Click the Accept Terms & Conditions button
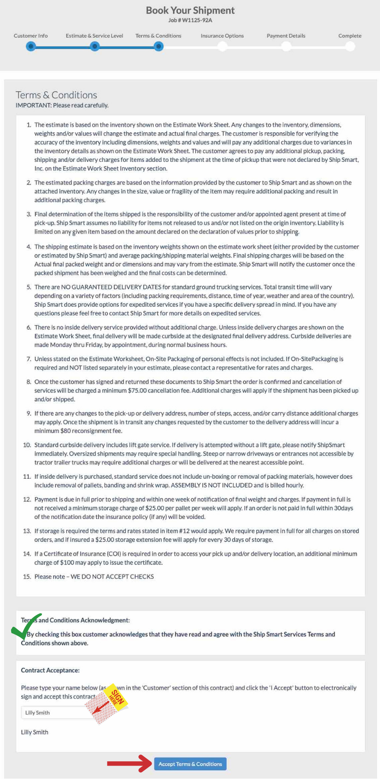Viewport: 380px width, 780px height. point(190,764)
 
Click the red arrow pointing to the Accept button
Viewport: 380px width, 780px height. point(129,763)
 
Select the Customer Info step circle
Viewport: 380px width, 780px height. point(30,46)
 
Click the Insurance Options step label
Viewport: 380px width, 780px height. point(222,36)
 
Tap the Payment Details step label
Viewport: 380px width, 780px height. point(286,36)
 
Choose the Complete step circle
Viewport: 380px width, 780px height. point(350,46)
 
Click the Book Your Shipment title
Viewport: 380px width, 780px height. point(190,10)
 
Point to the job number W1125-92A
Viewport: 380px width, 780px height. point(190,20)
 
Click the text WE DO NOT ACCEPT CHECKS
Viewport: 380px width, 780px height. point(112,577)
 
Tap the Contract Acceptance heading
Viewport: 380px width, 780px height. point(50,670)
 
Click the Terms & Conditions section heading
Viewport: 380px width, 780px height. point(56,95)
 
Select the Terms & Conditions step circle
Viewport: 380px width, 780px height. point(158,46)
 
